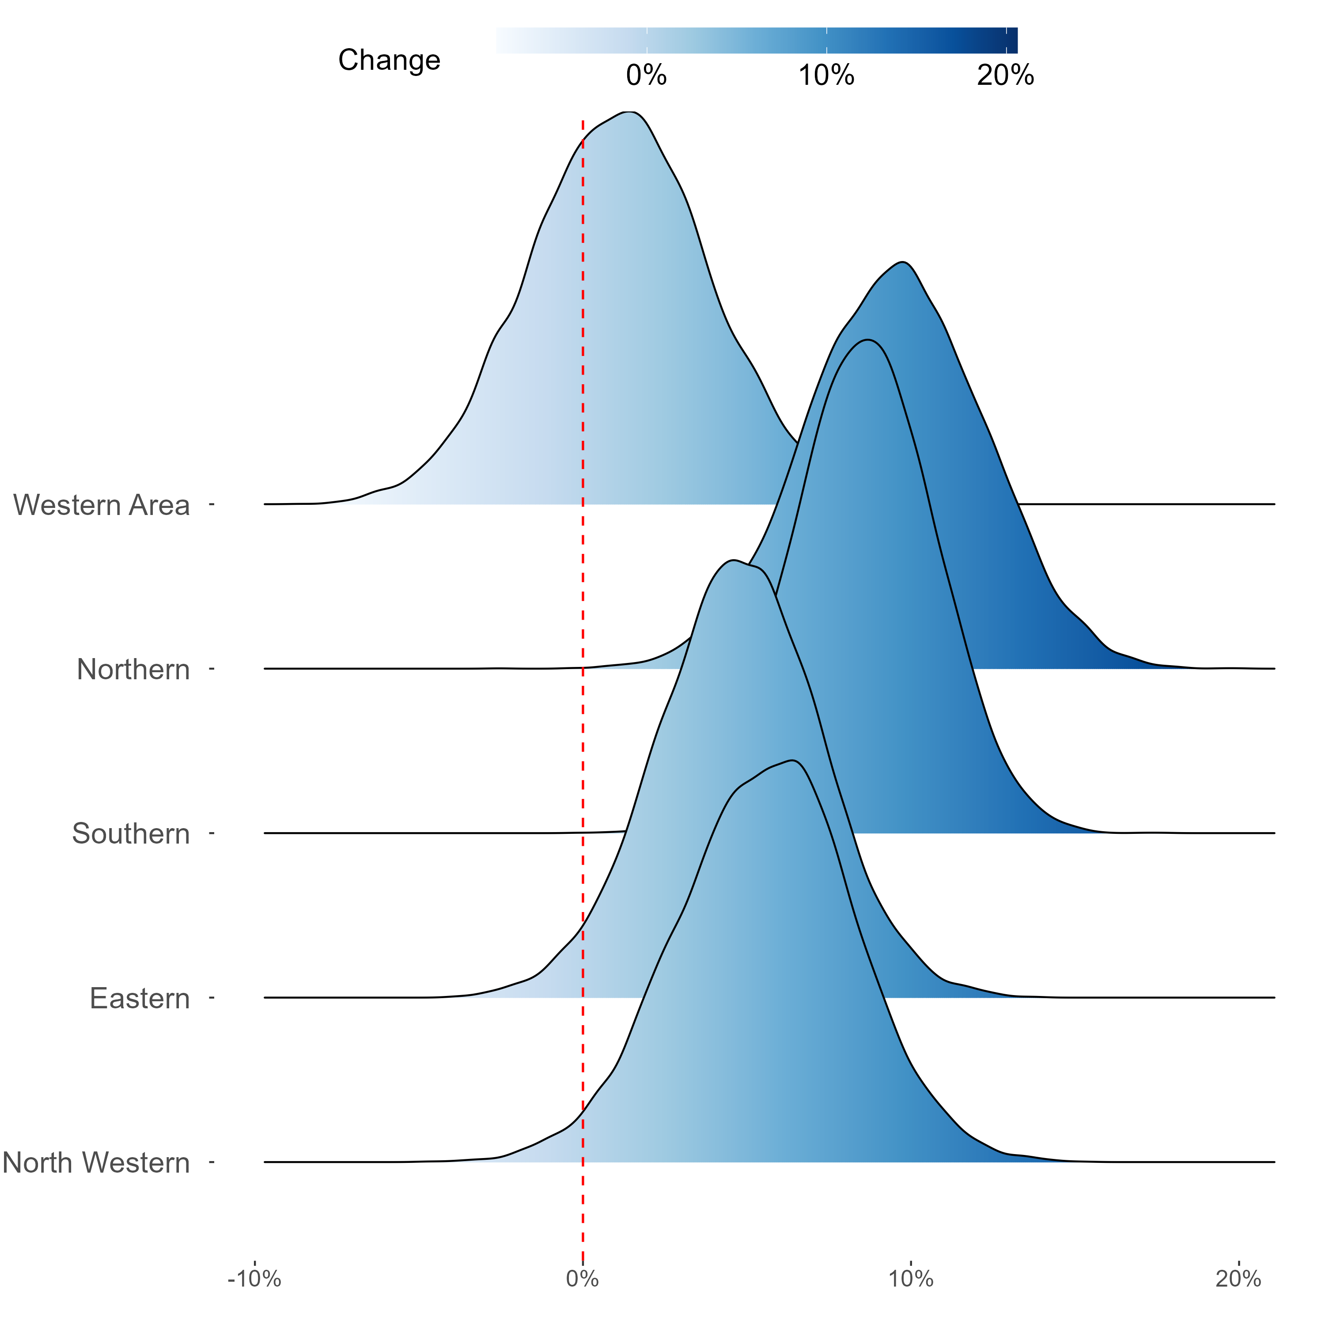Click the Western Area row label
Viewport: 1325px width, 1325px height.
pos(102,505)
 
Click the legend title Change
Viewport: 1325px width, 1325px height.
pos(389,61)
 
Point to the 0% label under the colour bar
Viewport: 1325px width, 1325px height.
pos(646,76)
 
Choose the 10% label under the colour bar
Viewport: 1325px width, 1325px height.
pos(826,76)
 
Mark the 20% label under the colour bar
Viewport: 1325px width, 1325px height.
pos(1005,76)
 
